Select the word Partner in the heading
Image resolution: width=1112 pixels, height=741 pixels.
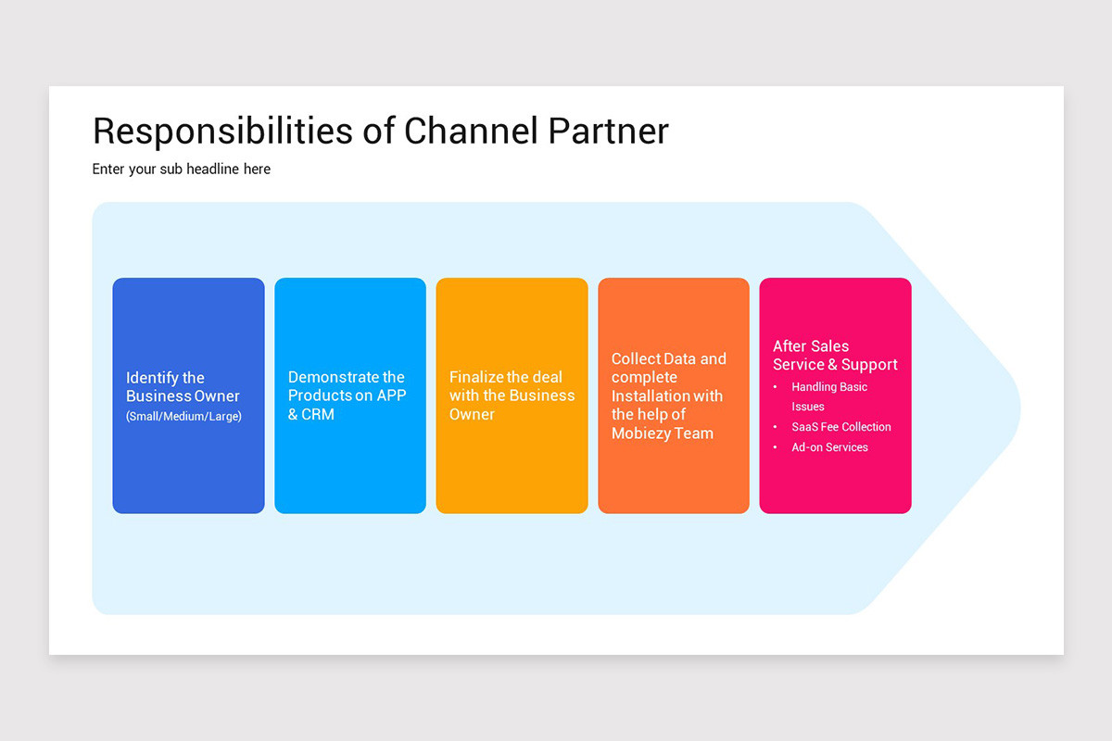(x=607, y=132)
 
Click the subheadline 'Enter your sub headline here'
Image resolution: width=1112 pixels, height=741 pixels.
(x=182, y=170)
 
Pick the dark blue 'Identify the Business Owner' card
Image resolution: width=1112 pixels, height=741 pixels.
(x=188, y=463)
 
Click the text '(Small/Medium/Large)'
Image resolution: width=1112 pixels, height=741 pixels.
(x=183, y=417)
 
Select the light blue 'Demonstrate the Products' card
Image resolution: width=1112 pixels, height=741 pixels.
(x=350, y=463)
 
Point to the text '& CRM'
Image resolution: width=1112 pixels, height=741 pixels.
(x=310, y=414)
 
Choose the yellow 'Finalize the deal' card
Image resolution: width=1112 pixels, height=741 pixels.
(x=512, y=463)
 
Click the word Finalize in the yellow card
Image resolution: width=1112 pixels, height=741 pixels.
(x=476, y=377)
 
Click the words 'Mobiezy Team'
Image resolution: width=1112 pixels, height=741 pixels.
(x=663, y=433)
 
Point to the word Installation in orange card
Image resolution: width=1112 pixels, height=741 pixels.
(x=653, y=396)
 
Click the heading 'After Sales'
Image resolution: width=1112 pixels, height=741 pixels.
(x=811, y=345)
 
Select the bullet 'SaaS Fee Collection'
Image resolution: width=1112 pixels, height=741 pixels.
(x=840, y=427)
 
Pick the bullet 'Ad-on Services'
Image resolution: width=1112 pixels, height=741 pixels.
(x=829, y=447)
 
